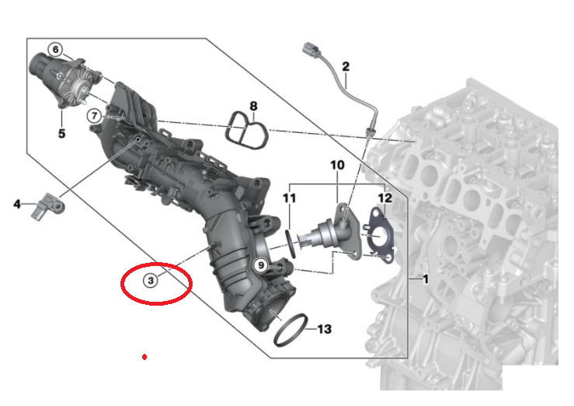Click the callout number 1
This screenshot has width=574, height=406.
tap(425, 279)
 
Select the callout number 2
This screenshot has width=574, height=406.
tap(346, 67)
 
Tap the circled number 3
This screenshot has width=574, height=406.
tap(151, 281)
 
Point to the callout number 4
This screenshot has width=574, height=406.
tap(17, 204)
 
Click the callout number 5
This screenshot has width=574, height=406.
tap(61, 133)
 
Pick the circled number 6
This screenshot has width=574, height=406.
tap(56, 50)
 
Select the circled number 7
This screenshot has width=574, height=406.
tap(95, 116)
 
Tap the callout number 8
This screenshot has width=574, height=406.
tap(253, 106)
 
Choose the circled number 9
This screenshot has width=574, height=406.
tap(261, 264)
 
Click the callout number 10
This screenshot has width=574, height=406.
tap(337, 165)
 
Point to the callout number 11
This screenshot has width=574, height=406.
tap(289, 198)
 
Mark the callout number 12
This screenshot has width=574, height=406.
tap(384, 198)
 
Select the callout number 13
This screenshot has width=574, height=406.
tap(324, 329)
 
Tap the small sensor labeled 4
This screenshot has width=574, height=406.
tap(49, 206)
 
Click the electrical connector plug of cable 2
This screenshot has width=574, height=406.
tap(311, 51)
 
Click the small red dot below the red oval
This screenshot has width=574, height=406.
tap(144, 357)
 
